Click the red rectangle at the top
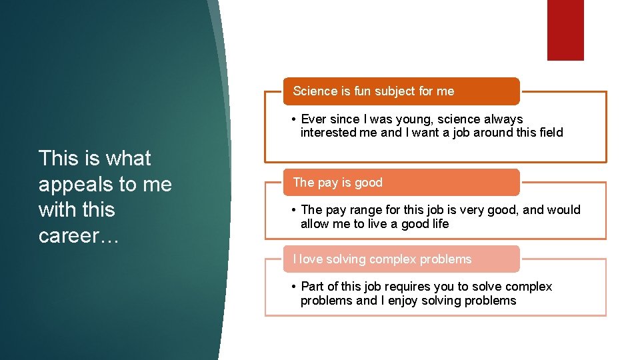pyautogui.click(x=565, y=30)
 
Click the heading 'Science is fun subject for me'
pyautogui.click(x=373, y=91)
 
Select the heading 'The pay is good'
pyautogui.click(x=338, y=182)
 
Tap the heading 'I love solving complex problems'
pyautogui.click(x=382, y=259)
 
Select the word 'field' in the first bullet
pyautogui.click(x=549, y=133)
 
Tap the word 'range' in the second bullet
pyautogui.click(x=366, y=210)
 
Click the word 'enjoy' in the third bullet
pyautogui.click(x=416, y=301)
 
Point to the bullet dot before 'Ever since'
pyautogui.click(x=294, y=119)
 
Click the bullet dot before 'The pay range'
pyautogui.click(x=294, y=210)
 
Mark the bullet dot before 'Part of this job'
pyautogui.click(x=294, y=287)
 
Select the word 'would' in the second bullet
pyautogui.click(x=564, y=210)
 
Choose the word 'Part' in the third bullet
pyautogui.click(x=313, y=287)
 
